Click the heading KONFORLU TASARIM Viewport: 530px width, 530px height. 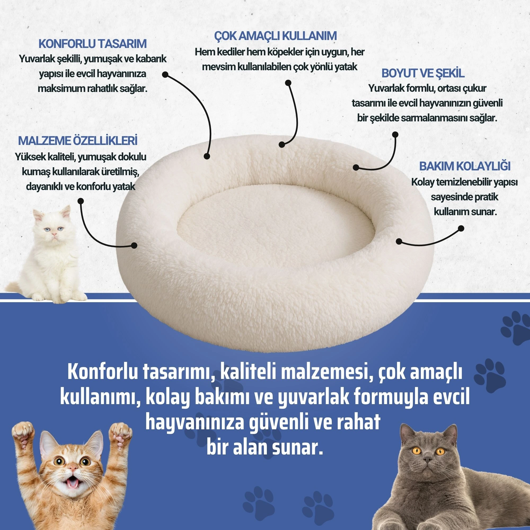[92, 44]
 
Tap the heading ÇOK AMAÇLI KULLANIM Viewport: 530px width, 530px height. [275, 36]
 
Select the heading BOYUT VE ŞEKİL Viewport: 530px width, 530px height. [423, 73]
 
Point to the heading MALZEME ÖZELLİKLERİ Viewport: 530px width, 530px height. [78, 140]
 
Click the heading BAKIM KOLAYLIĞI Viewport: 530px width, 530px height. [465, 166]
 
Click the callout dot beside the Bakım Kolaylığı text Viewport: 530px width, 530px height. [461, 228]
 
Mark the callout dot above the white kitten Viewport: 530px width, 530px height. [80, 201]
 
